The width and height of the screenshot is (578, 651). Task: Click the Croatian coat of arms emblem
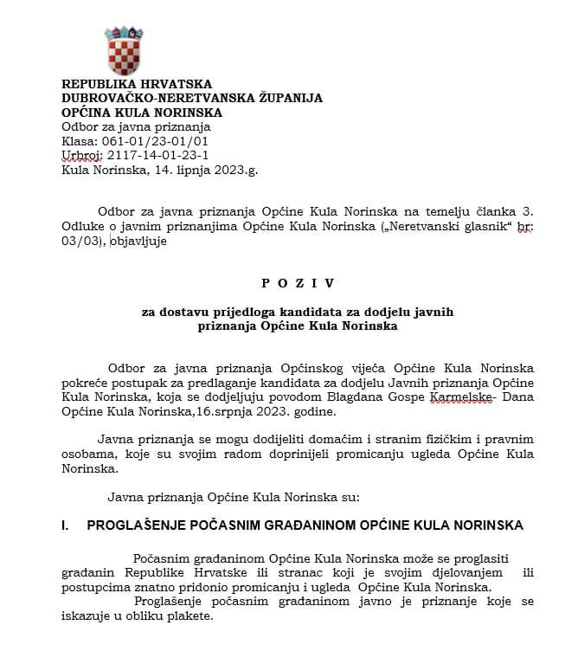tap(125, 49)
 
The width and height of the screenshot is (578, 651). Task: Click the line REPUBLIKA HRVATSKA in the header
tap(137, 84)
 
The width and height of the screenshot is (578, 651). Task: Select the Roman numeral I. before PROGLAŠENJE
tap(67, 525)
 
